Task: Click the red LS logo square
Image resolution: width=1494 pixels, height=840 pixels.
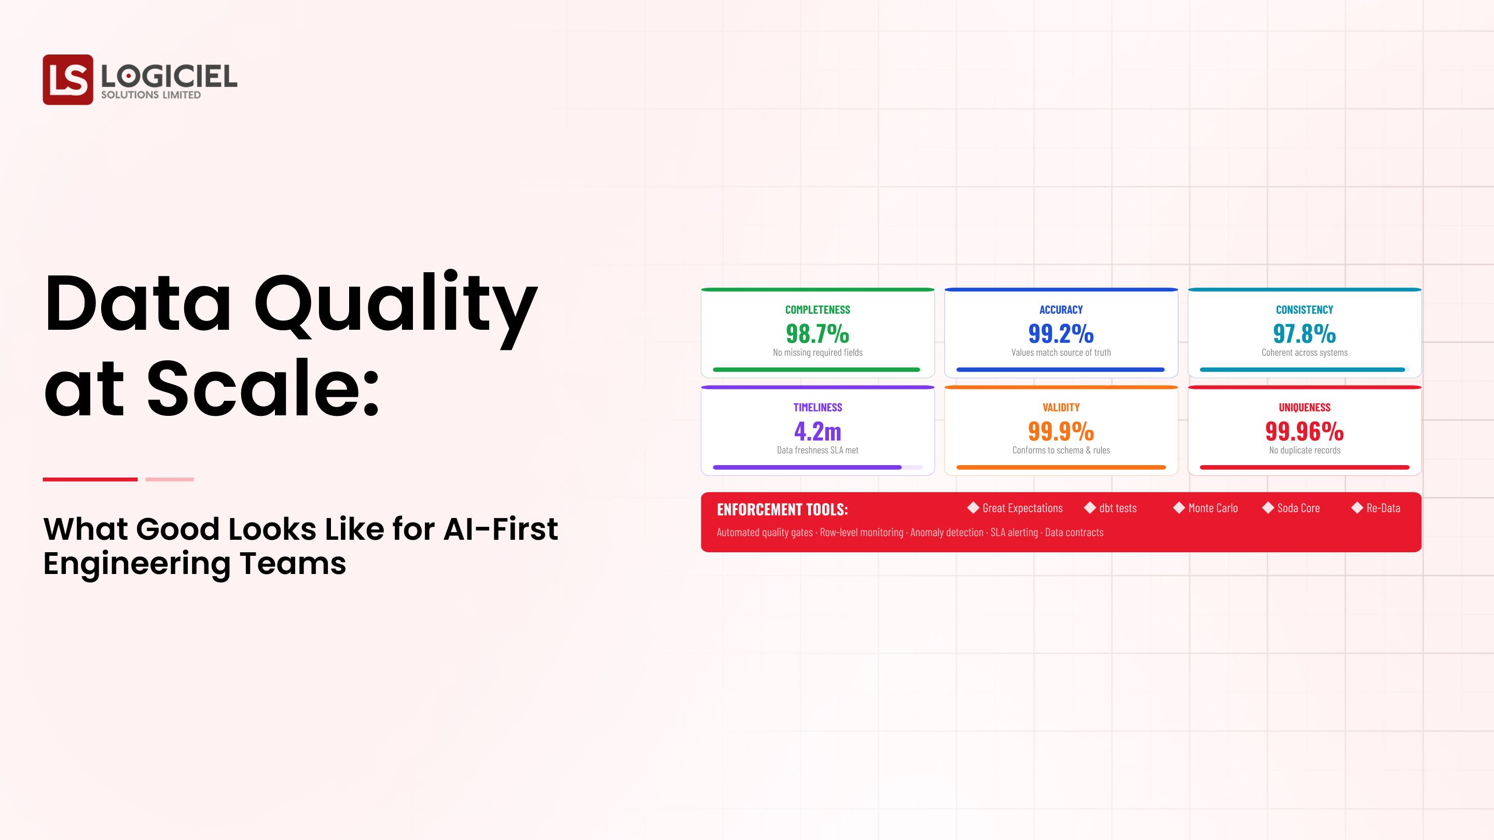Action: tap(67, 79)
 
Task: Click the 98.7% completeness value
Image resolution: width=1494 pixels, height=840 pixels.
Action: tap(817, 333)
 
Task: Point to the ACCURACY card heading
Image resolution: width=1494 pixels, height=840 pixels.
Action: tap(1061, 310)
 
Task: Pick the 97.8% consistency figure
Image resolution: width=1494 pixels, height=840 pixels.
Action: tap(1304, 333)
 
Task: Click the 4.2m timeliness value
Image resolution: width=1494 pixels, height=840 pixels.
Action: tap(817, 431)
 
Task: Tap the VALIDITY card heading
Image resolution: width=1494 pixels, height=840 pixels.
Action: tap(1061, 408)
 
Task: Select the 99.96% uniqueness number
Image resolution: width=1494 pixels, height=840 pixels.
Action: tap(1304, 431)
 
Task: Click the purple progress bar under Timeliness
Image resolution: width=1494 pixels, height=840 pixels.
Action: tap(807, 467)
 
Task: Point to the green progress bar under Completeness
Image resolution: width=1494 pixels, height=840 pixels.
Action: tap(816, 369)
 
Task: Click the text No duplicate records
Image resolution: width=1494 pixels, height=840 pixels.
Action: tap(1304, 451)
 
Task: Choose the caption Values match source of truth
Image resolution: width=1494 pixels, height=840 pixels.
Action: tap(1061, 353)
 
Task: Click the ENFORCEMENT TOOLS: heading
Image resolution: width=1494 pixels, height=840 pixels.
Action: tap(782, 510)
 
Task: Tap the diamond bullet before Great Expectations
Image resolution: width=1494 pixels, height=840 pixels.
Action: tap(973, 508)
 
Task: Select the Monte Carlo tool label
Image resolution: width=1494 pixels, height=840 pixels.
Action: tap(1213, 508)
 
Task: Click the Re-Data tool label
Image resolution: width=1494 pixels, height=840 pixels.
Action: tap(1383, 508)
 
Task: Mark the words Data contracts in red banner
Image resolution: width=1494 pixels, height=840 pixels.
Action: tap(1074, 532)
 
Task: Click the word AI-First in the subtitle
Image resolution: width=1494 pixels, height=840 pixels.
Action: tap(500, 529)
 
